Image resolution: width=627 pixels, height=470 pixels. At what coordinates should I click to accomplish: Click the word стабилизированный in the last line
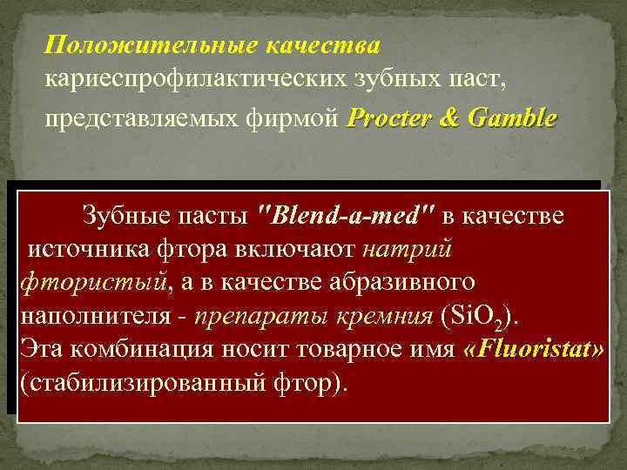tap(144, 383)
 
